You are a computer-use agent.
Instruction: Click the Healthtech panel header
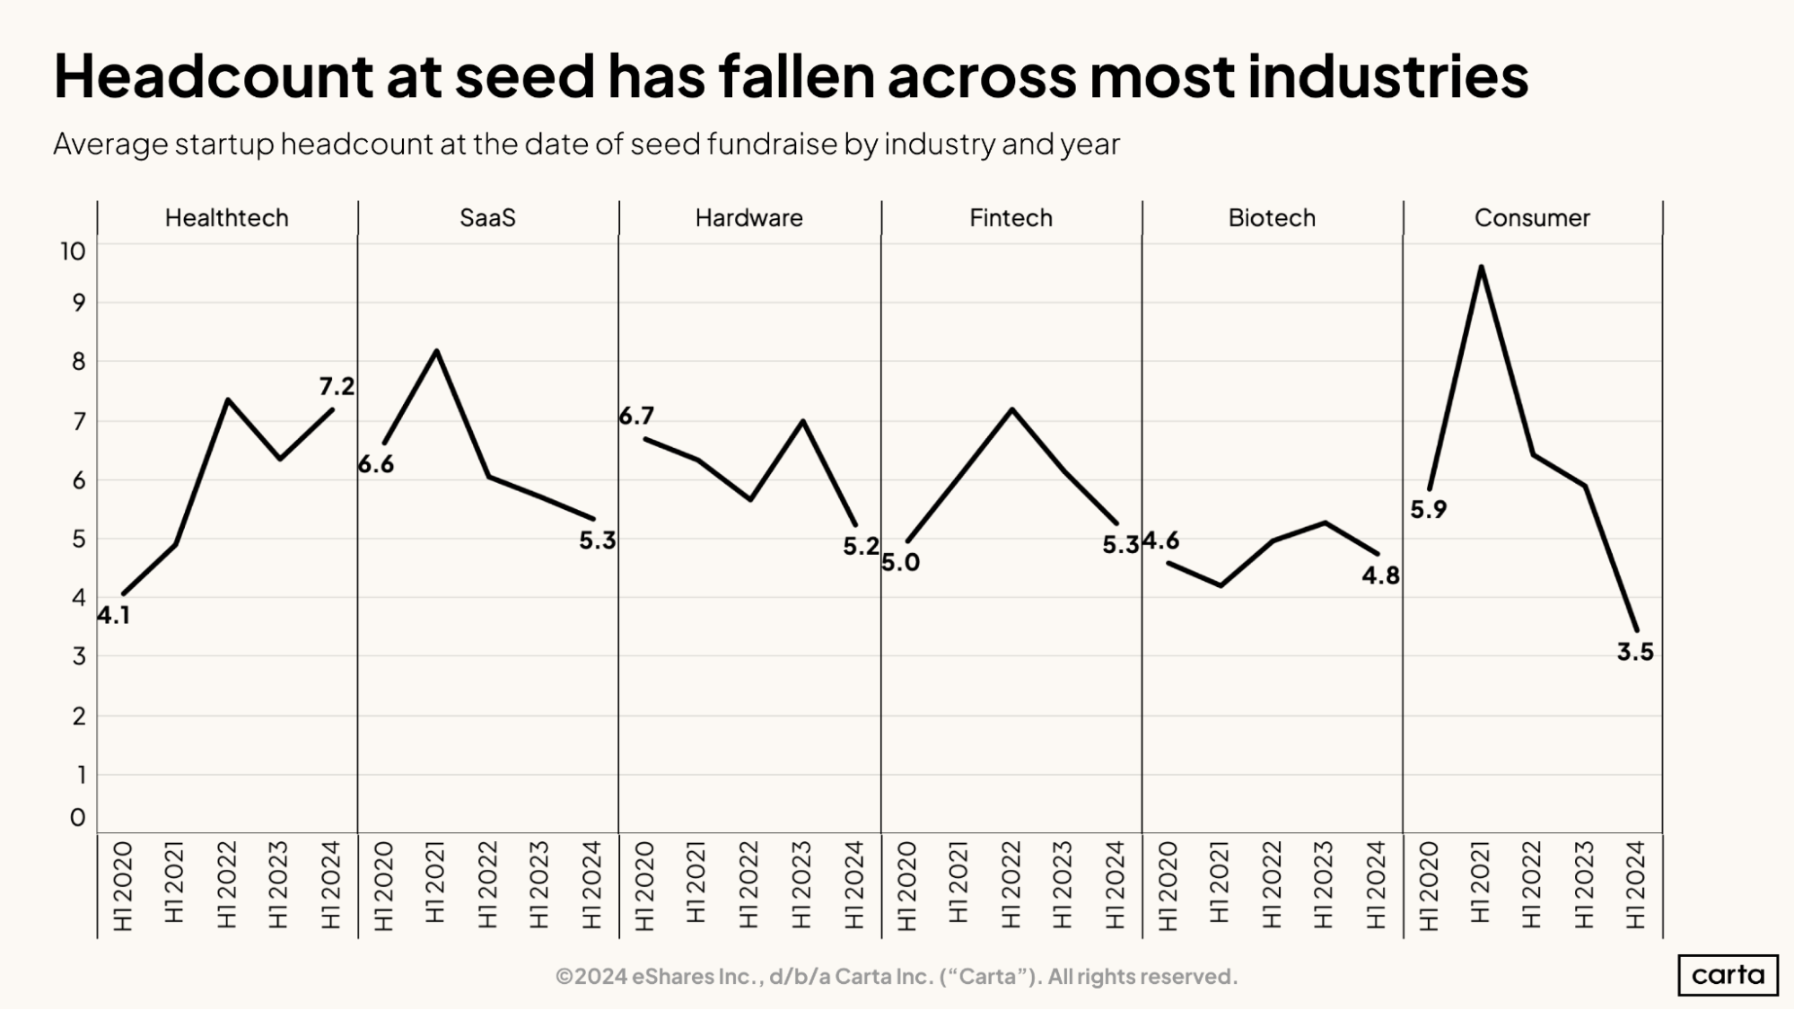click(x=226, y=218)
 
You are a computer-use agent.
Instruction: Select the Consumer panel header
click(x=1531, y=218)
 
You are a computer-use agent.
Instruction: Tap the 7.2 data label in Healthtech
click(x=337, y=387)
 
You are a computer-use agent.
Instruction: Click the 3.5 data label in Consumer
click(x=1634, y=653)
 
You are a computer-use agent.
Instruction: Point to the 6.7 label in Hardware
click(x=636, y=416)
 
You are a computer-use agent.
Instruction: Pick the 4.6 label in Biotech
click(x=1160, y=540)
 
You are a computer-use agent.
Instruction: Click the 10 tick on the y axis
click(x=73, y=251)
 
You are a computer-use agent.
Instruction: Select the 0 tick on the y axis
click(x=78, y=818)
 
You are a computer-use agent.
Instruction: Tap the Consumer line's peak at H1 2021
click(x=1481, y=268)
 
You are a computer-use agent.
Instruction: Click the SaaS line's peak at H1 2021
click(x=436, y=351)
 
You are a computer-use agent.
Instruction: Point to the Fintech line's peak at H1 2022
click(x=1011, y=410)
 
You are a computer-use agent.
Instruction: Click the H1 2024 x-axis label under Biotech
click(x=1376, y=885)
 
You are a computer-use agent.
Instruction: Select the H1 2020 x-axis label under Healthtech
click(x=123, y=885)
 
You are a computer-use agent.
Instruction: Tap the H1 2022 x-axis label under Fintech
click(x=1011, y=885)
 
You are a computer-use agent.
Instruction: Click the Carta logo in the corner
click(x=1727, y=975)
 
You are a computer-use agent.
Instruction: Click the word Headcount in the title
click(x=213, y=75)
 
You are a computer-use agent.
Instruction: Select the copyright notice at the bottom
click(x=896, y=977)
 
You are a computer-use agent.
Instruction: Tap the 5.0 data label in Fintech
click(x=900, y=563)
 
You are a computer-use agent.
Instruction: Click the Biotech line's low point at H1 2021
click(x=1221, y=585)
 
